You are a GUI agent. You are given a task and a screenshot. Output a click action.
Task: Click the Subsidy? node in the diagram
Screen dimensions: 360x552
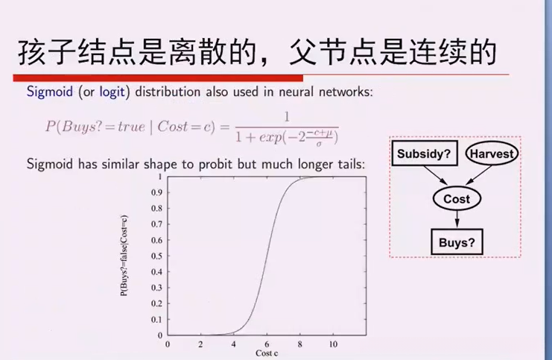(x=423, y=155)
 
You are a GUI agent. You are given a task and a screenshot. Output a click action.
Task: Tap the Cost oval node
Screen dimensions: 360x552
(x=457, y=199)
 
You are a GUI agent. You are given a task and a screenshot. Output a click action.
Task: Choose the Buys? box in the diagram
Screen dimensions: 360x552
(x=457, y=241)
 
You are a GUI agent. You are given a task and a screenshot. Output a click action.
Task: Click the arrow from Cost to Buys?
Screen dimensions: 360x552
(x=457, y=220)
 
